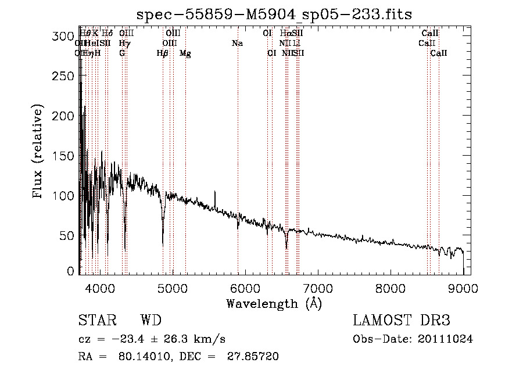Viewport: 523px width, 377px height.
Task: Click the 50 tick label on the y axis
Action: point(69,236)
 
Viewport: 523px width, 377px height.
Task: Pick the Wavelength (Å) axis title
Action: point(274,303)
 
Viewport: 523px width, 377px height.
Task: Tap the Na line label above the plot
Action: point(237,44)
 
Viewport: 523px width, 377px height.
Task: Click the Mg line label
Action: point(185,53)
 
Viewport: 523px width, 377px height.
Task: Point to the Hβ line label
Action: point(163,53)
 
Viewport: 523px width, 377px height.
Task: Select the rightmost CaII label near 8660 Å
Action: point(439,53)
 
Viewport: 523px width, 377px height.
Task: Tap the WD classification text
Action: point(151,321)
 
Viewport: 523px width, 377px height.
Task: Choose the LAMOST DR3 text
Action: point(402,321)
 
